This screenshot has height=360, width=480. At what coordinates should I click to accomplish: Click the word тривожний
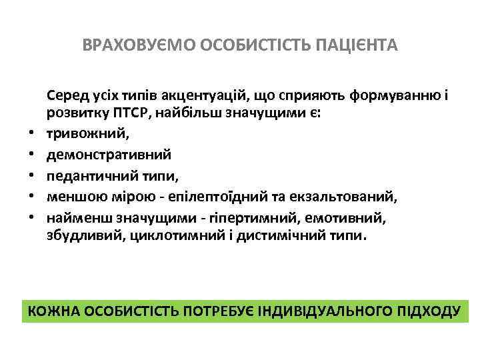(x=86, y=133)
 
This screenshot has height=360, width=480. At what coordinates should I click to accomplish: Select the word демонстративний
(x=109, y=154)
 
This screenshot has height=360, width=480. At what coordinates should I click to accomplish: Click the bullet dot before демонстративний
(x=30, y=155)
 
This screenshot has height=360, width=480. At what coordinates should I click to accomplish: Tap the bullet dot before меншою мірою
(x=30, y=197)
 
